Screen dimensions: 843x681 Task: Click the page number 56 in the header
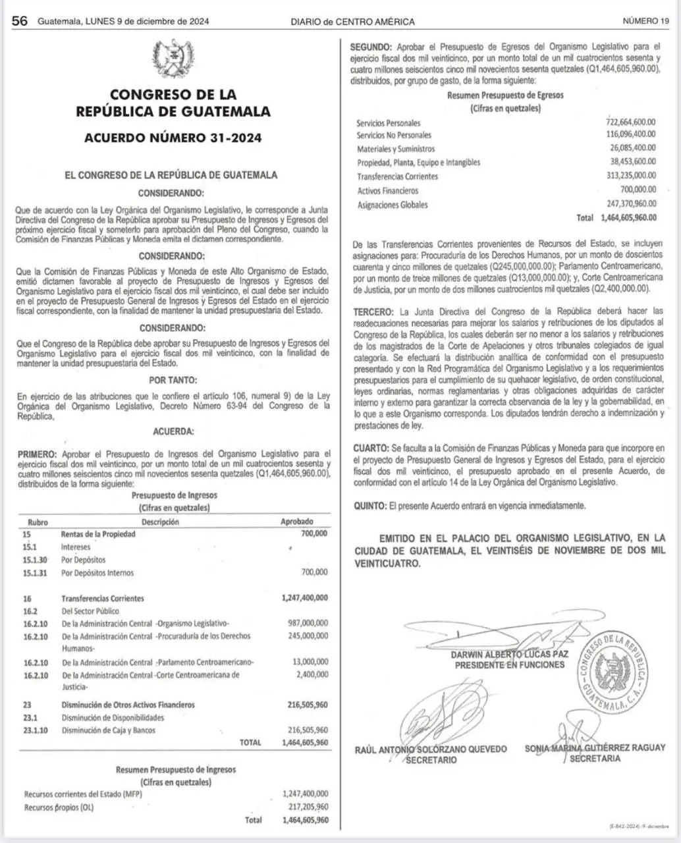click(x=20, y=21)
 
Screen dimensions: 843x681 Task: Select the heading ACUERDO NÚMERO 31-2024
click(x=173, y=138)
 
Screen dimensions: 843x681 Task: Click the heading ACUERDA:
click(x=173, y=431)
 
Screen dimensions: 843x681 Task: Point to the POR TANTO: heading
click(x=173, y=380)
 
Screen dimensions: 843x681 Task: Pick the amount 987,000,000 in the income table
click(x=308, y=623)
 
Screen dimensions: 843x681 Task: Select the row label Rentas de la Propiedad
click(x=98, y=534)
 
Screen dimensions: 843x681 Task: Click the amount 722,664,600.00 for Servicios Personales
click(x=630, y=122)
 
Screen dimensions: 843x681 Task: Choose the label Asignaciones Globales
click(x=392, y=205)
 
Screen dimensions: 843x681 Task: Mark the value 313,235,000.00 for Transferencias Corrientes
click(x=630, y=176)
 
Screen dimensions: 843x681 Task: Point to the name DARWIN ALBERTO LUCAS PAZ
click(x=509, y=655)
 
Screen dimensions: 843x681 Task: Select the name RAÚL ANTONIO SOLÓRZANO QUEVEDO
click(x=431, y=749)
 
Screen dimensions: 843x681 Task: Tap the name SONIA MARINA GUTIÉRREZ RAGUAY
click(x=595, y=748)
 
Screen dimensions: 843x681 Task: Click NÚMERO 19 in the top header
click(x=645, y=21)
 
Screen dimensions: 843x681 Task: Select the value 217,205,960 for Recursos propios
click(x=305, y=807)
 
